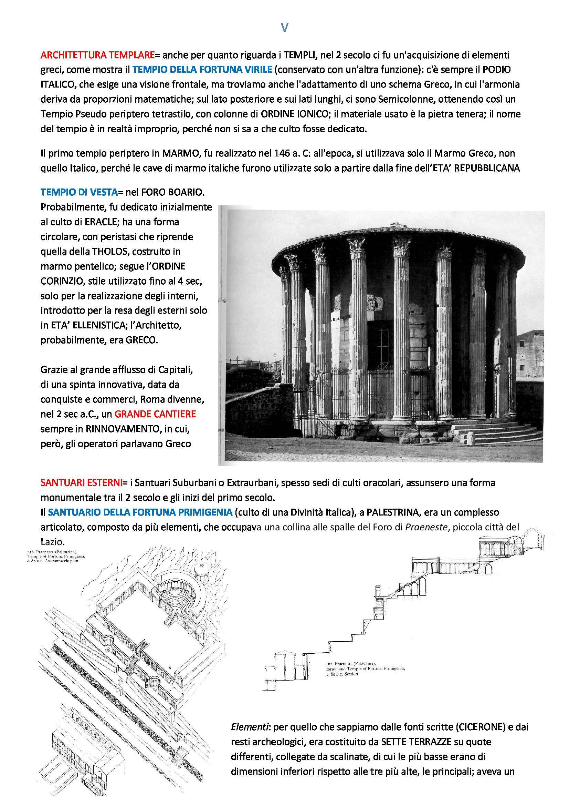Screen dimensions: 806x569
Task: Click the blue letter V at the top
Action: [x=284, y=28]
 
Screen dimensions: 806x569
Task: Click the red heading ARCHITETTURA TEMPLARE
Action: [x=97, y=55]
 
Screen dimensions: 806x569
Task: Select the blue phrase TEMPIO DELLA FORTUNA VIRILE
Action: [x=202, y=70]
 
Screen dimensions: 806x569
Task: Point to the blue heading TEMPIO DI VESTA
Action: [x=79, y=192]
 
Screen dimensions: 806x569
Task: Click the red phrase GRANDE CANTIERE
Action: [x=155, y=414]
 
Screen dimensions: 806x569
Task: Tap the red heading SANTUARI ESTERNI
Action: [x=81, y=483]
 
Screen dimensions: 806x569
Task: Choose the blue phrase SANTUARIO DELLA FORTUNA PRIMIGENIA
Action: [x=140, y=512]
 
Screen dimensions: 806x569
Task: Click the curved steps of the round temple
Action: [x=498, y=432]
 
